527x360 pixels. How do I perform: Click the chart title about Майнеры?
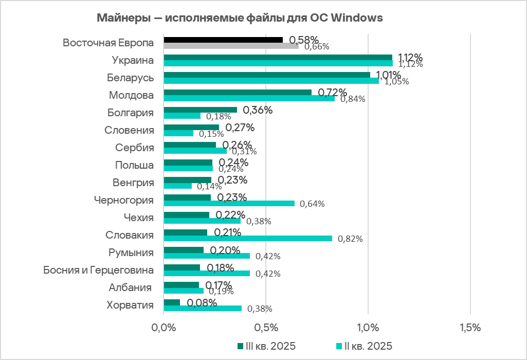click(x=240, y=18)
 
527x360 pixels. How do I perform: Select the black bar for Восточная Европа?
click(x=223, y=40)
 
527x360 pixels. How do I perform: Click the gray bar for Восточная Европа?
click(x=231, y=46)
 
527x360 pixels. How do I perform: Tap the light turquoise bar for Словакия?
click(x=248, y=238)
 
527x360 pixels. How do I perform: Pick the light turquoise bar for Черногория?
click(x=229, y=203)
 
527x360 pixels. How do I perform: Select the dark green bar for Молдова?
click(x=238, y=93)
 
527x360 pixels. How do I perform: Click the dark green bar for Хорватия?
click(x=172, y=302)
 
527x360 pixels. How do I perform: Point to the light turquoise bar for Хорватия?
click(x=203, y=309)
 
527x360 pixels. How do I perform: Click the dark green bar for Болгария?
click(x=200, y=110)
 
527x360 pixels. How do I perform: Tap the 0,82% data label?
click(x=350, y=239)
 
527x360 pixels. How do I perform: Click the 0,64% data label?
click(x=312, y=204)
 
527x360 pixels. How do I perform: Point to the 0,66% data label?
click(x=317, y=47)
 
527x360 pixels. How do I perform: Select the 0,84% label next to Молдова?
click(x=352, y=99)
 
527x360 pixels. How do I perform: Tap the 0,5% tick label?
click(x=266, y=327)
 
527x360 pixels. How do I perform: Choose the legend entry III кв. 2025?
click(x=266, y=345)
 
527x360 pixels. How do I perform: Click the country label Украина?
click(x=133, y=60)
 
